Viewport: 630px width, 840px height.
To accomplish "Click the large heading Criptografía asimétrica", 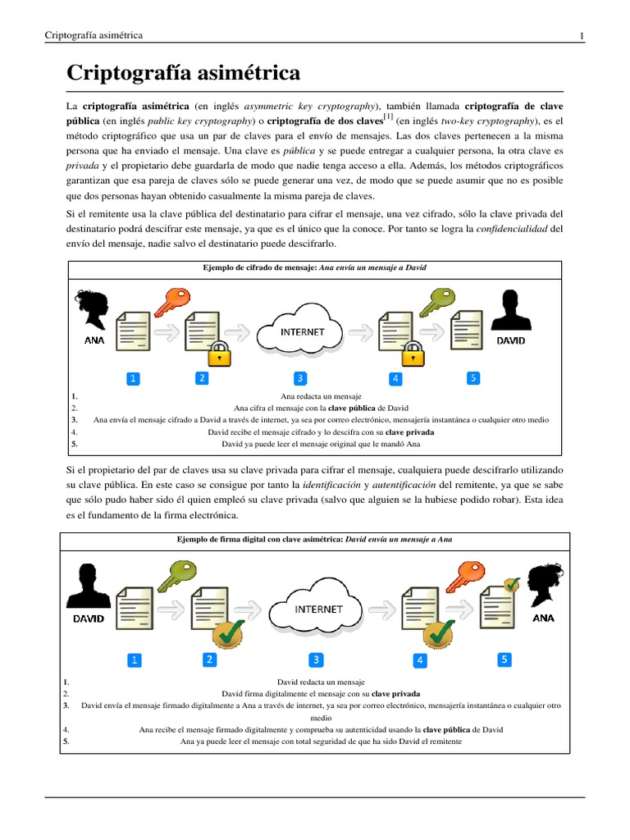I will tap(183, 74).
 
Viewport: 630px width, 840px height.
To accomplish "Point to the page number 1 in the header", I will tap(582, 35).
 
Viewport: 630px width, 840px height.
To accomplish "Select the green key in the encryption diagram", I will tap(436, 303).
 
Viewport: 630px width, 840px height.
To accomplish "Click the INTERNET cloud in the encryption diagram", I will tap(302, 331).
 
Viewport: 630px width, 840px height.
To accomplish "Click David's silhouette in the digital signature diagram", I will tap(88, 586).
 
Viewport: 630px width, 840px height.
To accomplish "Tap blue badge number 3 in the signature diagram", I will tap(316, 660).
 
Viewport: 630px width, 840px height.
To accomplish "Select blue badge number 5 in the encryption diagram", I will tap(472, 378).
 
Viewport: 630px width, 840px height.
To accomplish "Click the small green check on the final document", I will tap(512, 584).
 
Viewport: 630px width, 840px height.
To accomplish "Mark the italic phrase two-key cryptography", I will tap(482, 121).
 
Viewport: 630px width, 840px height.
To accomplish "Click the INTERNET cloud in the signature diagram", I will tap(319, 609).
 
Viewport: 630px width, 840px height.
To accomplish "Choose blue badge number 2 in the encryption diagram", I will tap(201, 378).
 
